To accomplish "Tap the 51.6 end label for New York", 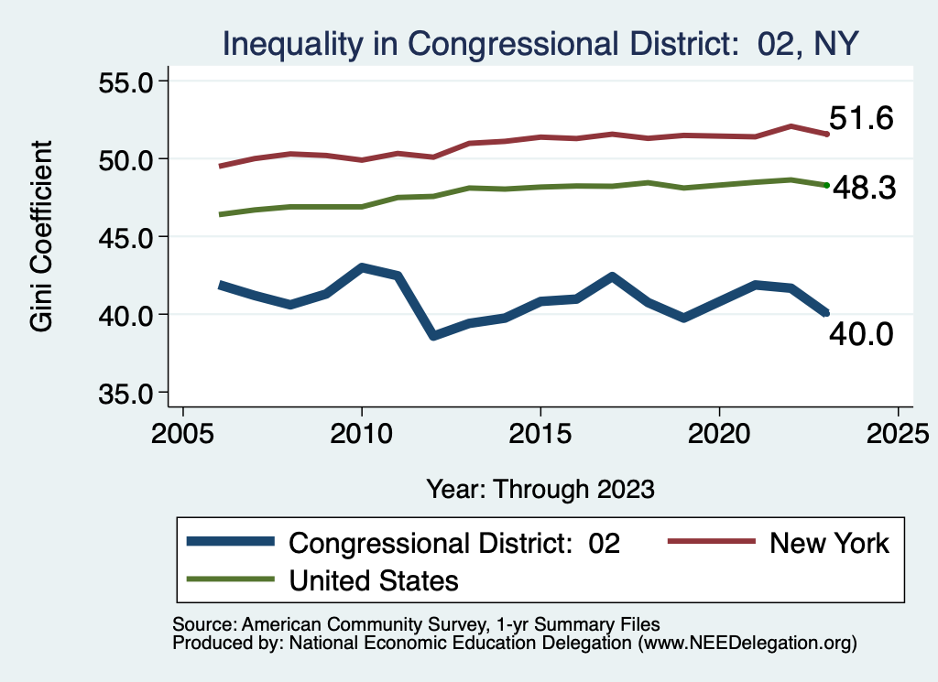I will [860, 118].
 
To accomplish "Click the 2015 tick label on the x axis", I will [540, 431].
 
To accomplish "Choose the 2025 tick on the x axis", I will [898, 431].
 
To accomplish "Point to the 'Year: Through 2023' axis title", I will [540, 489].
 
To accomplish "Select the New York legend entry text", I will [829, 543].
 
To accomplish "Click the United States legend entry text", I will [373, 579].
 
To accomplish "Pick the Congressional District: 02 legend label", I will [454, 543].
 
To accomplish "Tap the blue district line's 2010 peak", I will [362, 268].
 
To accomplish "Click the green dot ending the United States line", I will [826, 185].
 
